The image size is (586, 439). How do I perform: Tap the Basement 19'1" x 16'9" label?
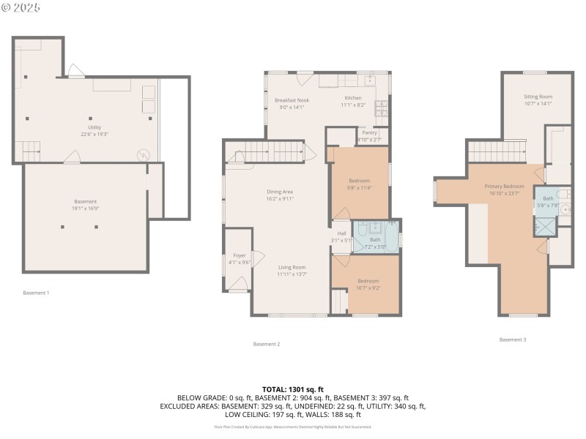point(85,205)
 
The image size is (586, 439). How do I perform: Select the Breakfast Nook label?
point(292,103)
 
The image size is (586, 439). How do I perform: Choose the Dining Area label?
point(280,195)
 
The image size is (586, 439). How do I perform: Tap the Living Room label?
point(292,271)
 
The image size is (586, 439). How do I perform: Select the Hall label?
point(341,236)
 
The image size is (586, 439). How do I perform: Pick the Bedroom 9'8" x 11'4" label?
point(359,184)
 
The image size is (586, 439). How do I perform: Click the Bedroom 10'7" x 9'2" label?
point(368,285)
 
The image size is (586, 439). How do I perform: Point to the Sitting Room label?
point(538,100)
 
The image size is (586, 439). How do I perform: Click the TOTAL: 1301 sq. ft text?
point(293,389)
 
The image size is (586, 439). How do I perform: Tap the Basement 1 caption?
point(37,293)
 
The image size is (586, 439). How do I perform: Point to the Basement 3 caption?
point(513,339)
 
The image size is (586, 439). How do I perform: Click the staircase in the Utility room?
point(31,151)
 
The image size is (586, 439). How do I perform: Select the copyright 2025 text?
point(21,7)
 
